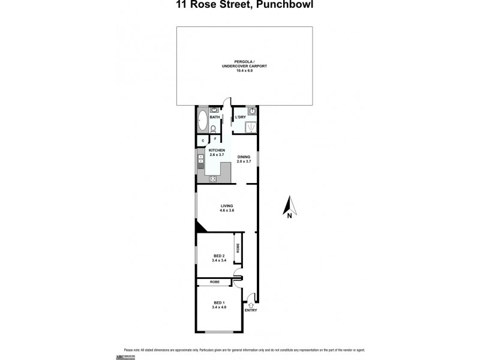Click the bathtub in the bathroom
[202, 121]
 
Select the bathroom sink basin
[214, 111]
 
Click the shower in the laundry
[252, 127]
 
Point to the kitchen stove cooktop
[212, 179]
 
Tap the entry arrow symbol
[251, 304]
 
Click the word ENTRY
[251, 310]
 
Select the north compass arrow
[289, 205]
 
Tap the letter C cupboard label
[203, 140]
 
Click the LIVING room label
[226, 206]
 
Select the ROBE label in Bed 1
[215, 282]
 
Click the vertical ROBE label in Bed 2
[238, 247]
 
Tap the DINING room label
[243, 157]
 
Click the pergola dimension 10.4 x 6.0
[244, 71]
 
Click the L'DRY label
[240, 116]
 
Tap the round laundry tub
[253, 112]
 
